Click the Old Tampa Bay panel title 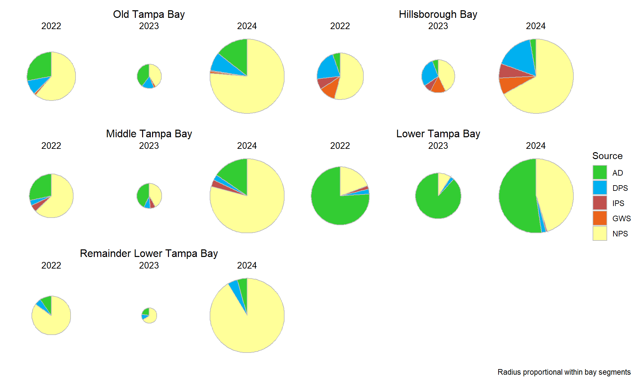click(x=149, y=14)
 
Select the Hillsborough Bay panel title click(x=438, y=14)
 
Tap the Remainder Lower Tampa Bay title click(x=149, y=253)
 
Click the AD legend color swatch click(x=600, y=172)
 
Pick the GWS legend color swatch click(x=600, y=218)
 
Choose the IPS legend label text click(x=618, y=203)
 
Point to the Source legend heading click(x=607, y=156)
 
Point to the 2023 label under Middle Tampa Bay click(x=149, y=146)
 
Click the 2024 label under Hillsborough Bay click(x=536, y=26)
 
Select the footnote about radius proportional click(x=564, y=372)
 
